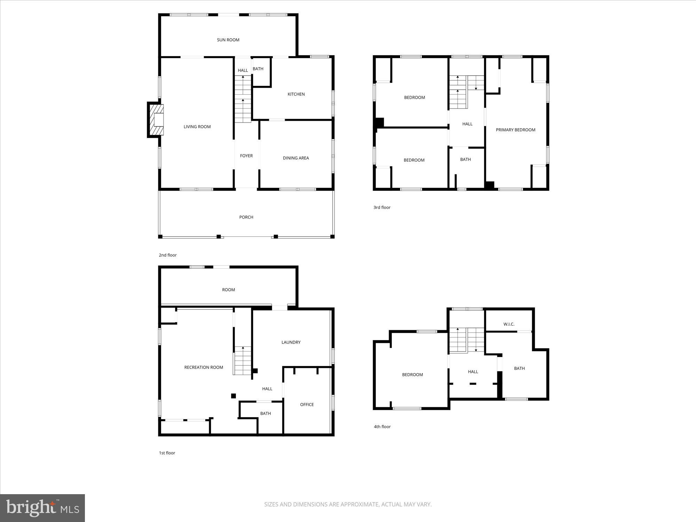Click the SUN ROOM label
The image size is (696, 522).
pyautogui.click(x=228, y=40)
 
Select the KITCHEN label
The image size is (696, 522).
pyautogui.click(x=296, y=94)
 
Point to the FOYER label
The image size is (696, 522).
pyautogui.click(x=246, y=156)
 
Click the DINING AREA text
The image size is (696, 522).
pyautogui.click(x=296, y=158)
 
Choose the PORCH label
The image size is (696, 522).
pyautogui.click(x=246, y=217)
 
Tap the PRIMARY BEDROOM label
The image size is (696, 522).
pyautogui.click(x=515, y=130)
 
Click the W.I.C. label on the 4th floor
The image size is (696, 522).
pyautogui.click(x=509, y=324)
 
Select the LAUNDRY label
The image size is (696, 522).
pyautogui.click(x=291, y=342)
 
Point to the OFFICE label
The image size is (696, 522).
pyautogui.click(x=307, y=405)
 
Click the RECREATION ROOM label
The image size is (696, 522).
pyautogui.click(x=204, y=367)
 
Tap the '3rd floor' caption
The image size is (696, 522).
pyautogui.click(x=382, y=207)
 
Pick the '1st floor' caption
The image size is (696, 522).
pyautogui.click(x=167, y=453)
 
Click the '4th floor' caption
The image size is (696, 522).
pyautogui.click(x=382, y=427)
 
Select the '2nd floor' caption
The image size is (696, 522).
pyautogui.click(x=168, y=255)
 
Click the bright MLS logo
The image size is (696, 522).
pyautogui.click(x=42, y=508)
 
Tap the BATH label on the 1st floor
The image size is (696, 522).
pyautogui.click(x=266, y=413)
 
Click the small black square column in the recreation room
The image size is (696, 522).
pyautogui.click(x=234, y=396)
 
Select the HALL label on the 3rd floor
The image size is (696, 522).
pyautogui.click(x=467, y=124)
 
